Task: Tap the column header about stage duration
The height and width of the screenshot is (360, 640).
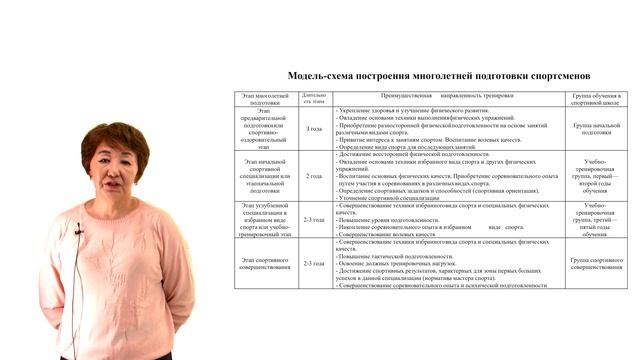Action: pos(313,98)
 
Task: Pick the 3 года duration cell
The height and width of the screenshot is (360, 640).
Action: pos(313,128)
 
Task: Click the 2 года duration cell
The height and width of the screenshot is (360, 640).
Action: pos(313,176)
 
